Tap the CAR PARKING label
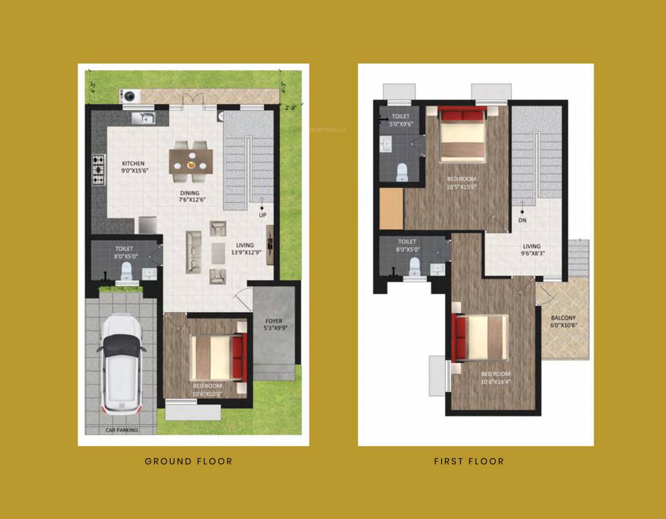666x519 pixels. pos(122,430)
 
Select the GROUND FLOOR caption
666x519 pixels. pos(188,462)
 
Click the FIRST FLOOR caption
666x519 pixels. pos(469,462)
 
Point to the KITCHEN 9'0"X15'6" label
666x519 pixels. pos(133,167)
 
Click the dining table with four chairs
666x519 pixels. pos(191,162)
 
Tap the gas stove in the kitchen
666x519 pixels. pos(99,170)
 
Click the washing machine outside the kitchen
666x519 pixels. pos(128,96)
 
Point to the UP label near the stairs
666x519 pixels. pos(262,215)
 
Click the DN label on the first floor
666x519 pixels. pos(522,220)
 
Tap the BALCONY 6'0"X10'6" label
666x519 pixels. pos(564,321)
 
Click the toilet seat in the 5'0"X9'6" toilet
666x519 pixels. pos(402,172)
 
